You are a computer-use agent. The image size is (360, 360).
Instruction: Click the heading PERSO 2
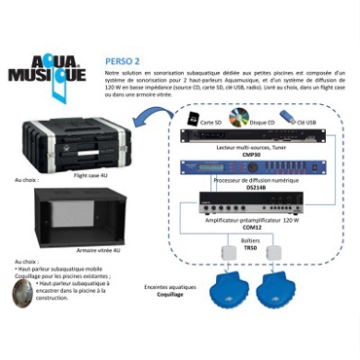[x=122, y=60]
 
